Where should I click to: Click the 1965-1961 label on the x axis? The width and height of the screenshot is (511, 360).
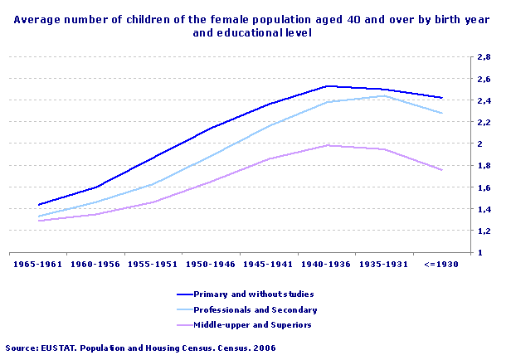coord(40,265)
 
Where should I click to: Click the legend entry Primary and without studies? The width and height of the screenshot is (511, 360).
coord(253,294)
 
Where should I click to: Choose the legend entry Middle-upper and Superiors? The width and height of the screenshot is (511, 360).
coord(252,324)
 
